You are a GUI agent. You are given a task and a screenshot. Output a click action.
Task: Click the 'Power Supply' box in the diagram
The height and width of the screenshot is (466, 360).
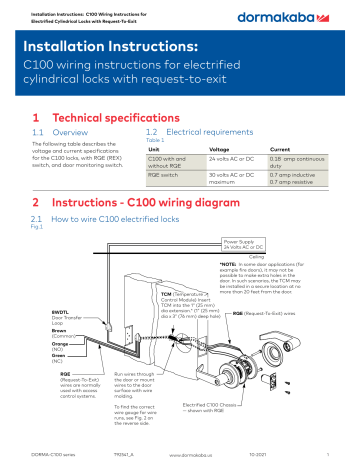click(244, 244)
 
